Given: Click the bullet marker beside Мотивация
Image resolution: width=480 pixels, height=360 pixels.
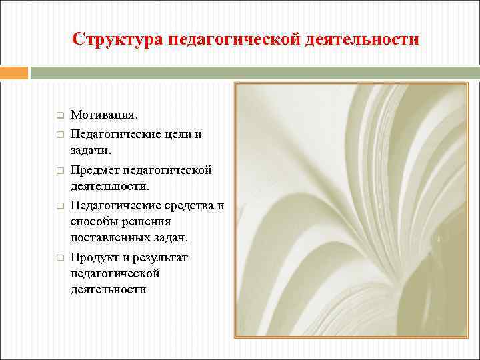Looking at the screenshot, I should click(x=59, y=116).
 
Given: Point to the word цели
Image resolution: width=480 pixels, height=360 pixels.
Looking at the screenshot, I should click(x=177, y=134).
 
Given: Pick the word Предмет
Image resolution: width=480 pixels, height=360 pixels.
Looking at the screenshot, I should click(x=98, y=170).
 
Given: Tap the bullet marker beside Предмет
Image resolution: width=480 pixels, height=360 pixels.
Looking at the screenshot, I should click(x=59, y=170).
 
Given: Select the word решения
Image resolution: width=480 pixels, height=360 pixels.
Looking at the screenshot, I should click(x=151, y=221).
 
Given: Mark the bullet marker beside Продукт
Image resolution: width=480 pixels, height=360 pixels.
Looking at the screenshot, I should click(x=59, y=257).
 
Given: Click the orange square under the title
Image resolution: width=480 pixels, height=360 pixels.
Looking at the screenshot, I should click(x=13, y=72).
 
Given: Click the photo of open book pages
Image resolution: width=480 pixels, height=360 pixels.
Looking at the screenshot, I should click(x=351, y=209).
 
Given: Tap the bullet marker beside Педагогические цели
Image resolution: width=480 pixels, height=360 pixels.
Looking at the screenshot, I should click(x=59, y=134).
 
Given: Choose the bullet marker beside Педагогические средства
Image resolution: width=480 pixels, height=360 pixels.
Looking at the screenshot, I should click(x=59, y=205).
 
